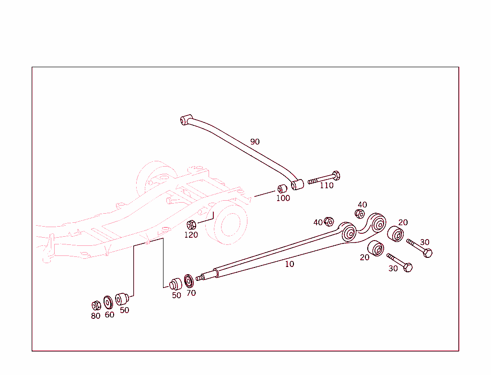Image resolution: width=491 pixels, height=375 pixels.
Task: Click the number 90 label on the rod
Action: (255, 142)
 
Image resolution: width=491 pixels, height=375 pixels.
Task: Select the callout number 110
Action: (327, 185)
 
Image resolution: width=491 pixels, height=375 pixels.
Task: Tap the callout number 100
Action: (283, 198)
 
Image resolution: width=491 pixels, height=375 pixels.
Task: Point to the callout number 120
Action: (191, 235)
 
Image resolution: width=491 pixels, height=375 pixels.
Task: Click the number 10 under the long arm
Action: (290, 264)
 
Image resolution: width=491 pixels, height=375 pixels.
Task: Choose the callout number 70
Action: (191, 293)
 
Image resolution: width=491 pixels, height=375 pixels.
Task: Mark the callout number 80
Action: (96, 316)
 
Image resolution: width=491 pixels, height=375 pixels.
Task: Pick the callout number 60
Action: (109, 315)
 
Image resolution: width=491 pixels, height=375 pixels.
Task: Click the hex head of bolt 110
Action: (336, 175)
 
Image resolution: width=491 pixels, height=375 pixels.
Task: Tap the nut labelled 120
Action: (191, 224)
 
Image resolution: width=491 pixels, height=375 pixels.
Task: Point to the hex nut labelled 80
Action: (96, 305)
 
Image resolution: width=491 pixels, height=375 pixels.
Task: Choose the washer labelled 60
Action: (108, 302)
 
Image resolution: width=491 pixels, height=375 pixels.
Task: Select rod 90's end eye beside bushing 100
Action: (297, 184)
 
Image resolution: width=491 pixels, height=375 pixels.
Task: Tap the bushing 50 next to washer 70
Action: (176, 283)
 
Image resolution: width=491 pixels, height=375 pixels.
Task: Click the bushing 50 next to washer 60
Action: (121, 299)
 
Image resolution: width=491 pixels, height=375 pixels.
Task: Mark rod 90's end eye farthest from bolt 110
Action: (186, 119)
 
